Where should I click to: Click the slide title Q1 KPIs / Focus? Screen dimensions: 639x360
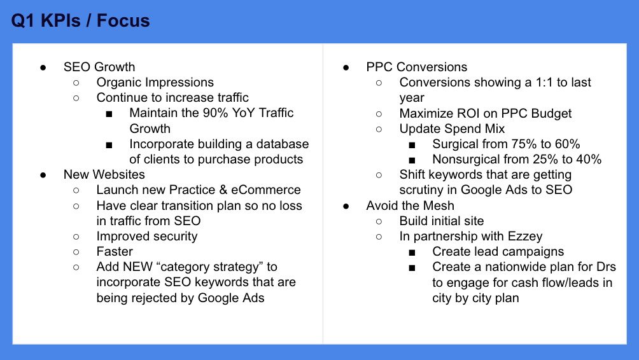pos(80,20)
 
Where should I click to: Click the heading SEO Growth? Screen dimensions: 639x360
pos(99,67)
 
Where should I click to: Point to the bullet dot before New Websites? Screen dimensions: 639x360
pos(43,175)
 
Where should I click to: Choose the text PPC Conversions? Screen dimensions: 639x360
pos(416,67)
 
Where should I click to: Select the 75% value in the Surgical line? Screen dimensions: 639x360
pos(523,144)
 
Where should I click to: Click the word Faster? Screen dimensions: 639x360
pos(115,252)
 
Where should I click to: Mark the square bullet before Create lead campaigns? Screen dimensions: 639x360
pos(412,253)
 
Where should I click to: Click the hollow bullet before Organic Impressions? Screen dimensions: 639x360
pos(76,83)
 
